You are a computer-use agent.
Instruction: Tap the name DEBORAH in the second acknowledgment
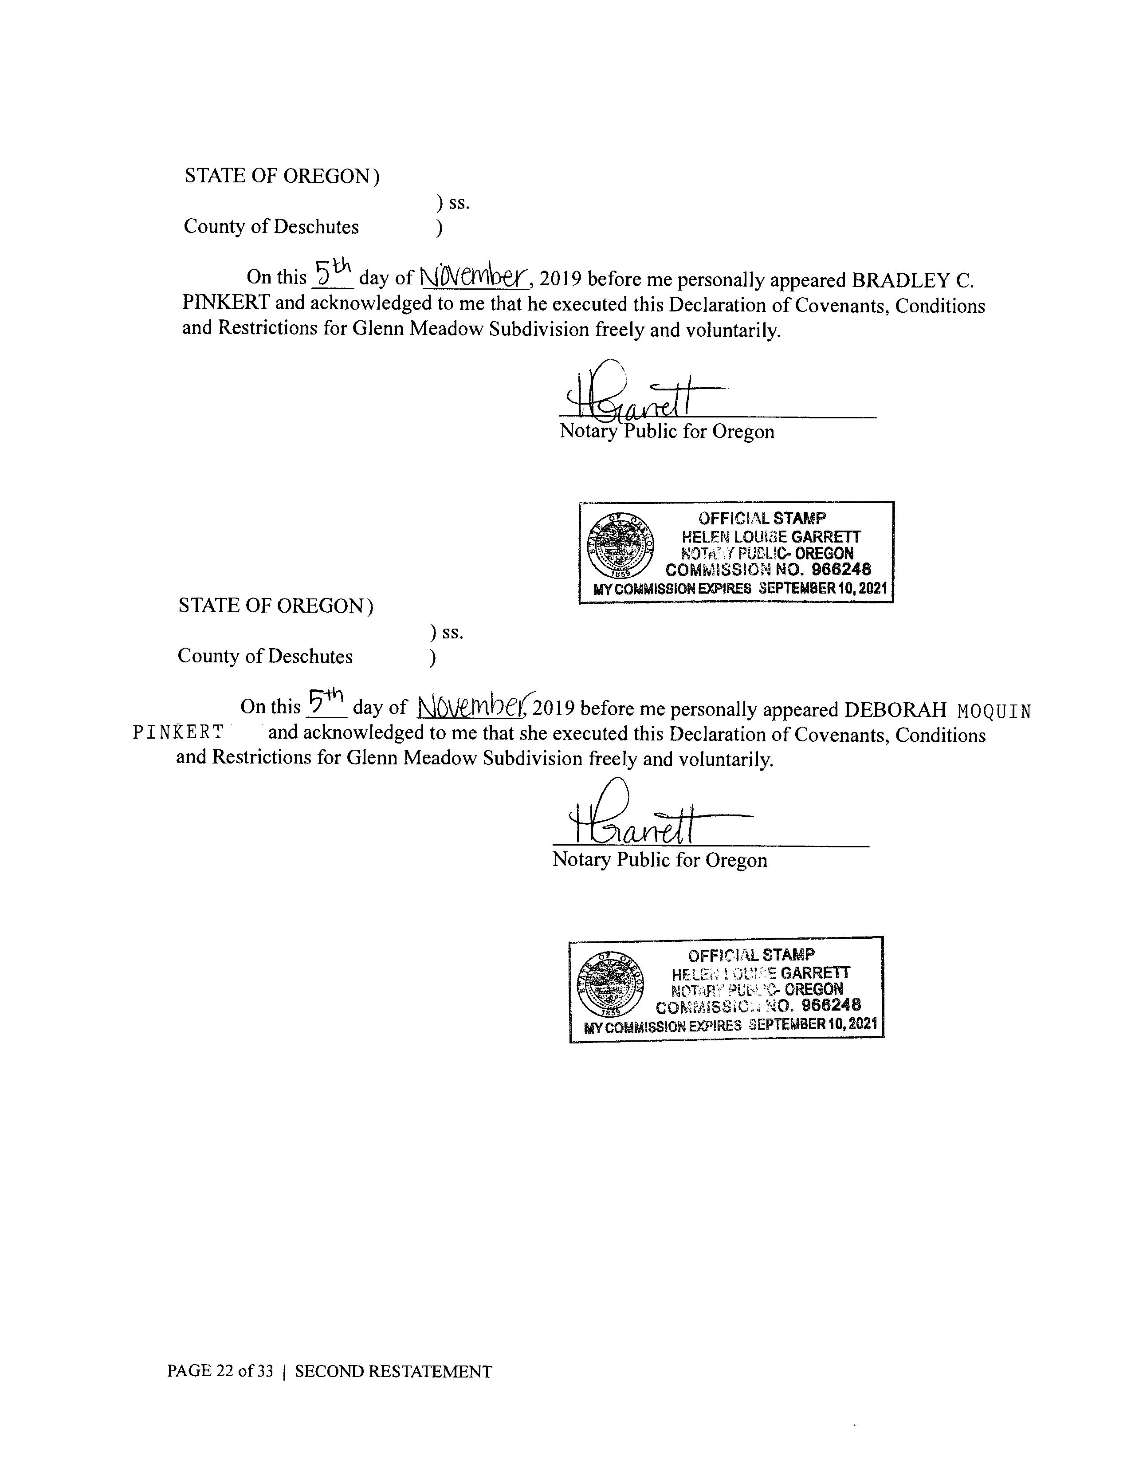click(895, 709)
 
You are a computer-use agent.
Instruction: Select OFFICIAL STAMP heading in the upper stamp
click(762, 518)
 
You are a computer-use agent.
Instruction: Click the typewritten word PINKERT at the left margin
click(177, 733)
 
